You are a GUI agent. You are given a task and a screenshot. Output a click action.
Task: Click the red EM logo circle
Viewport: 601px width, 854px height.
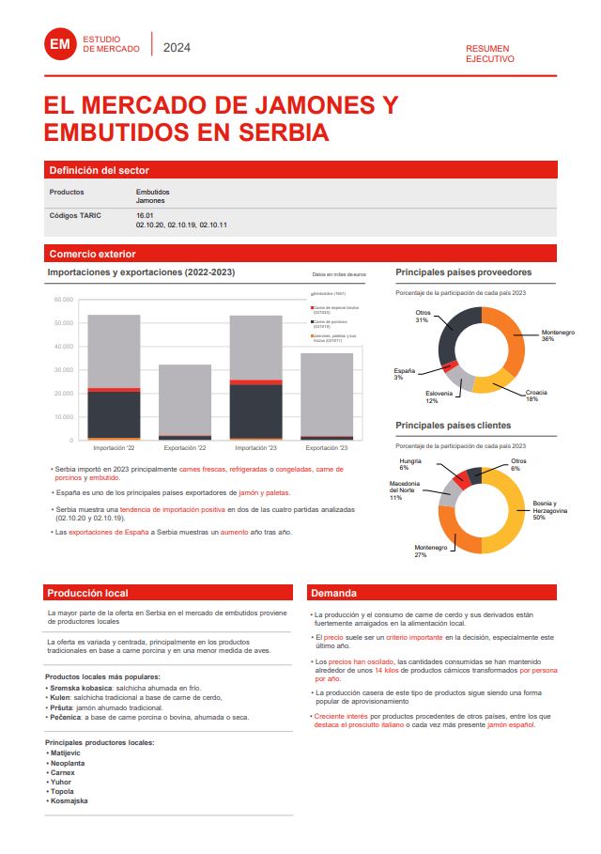pos(59,43)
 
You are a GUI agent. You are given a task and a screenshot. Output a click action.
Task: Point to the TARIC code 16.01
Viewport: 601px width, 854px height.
pos(145,215)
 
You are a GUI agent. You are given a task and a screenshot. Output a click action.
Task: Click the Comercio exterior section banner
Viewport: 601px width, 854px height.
pos(92,254)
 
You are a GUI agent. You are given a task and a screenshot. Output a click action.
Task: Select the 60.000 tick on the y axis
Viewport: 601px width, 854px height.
pos(64,300)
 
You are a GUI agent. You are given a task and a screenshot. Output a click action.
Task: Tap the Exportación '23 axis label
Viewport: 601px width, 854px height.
pos(327,448)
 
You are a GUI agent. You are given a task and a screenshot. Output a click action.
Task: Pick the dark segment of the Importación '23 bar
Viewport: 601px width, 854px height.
pos(255,411)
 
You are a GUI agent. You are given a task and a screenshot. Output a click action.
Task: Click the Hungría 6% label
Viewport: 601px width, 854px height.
pos(409,464)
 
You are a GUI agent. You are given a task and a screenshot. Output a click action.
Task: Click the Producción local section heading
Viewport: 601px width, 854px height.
pos(87,593)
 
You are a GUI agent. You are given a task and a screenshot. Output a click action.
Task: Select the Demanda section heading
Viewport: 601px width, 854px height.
pos(335,593)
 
